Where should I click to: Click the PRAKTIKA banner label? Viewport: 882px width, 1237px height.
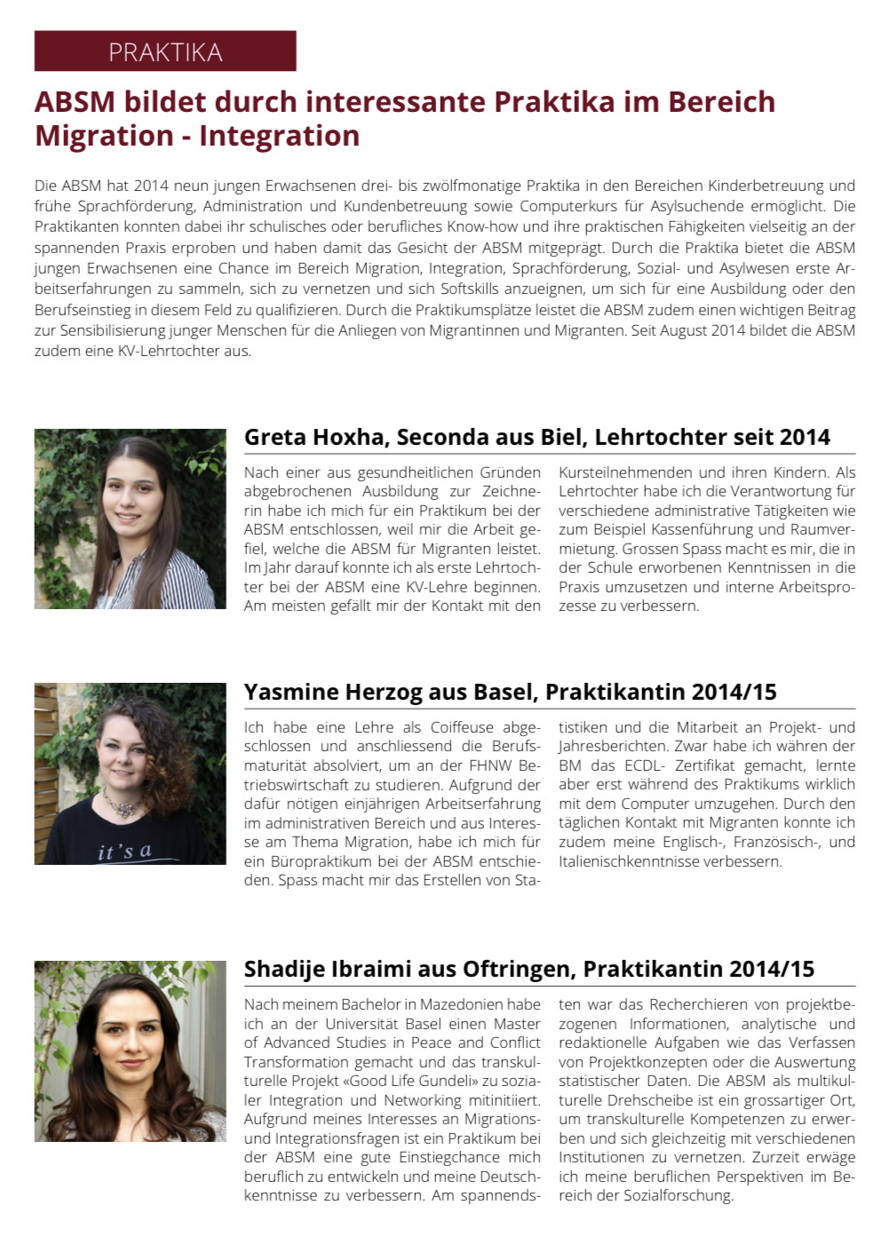click(165, 52)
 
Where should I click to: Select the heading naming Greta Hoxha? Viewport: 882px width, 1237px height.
click(536, 437)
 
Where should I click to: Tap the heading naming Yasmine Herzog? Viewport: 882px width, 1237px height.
click(510, 692)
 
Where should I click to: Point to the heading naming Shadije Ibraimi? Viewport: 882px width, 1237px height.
click(528, 969)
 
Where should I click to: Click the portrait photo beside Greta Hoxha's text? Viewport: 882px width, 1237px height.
click(130, 519)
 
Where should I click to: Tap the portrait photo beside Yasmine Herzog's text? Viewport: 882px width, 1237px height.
click(130, 773)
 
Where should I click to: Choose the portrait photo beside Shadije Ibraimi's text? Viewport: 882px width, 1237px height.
click(130, 1051)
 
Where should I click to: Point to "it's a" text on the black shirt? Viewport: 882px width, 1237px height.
click(124, 852)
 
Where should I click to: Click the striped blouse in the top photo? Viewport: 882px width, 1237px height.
click(182, 582)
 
